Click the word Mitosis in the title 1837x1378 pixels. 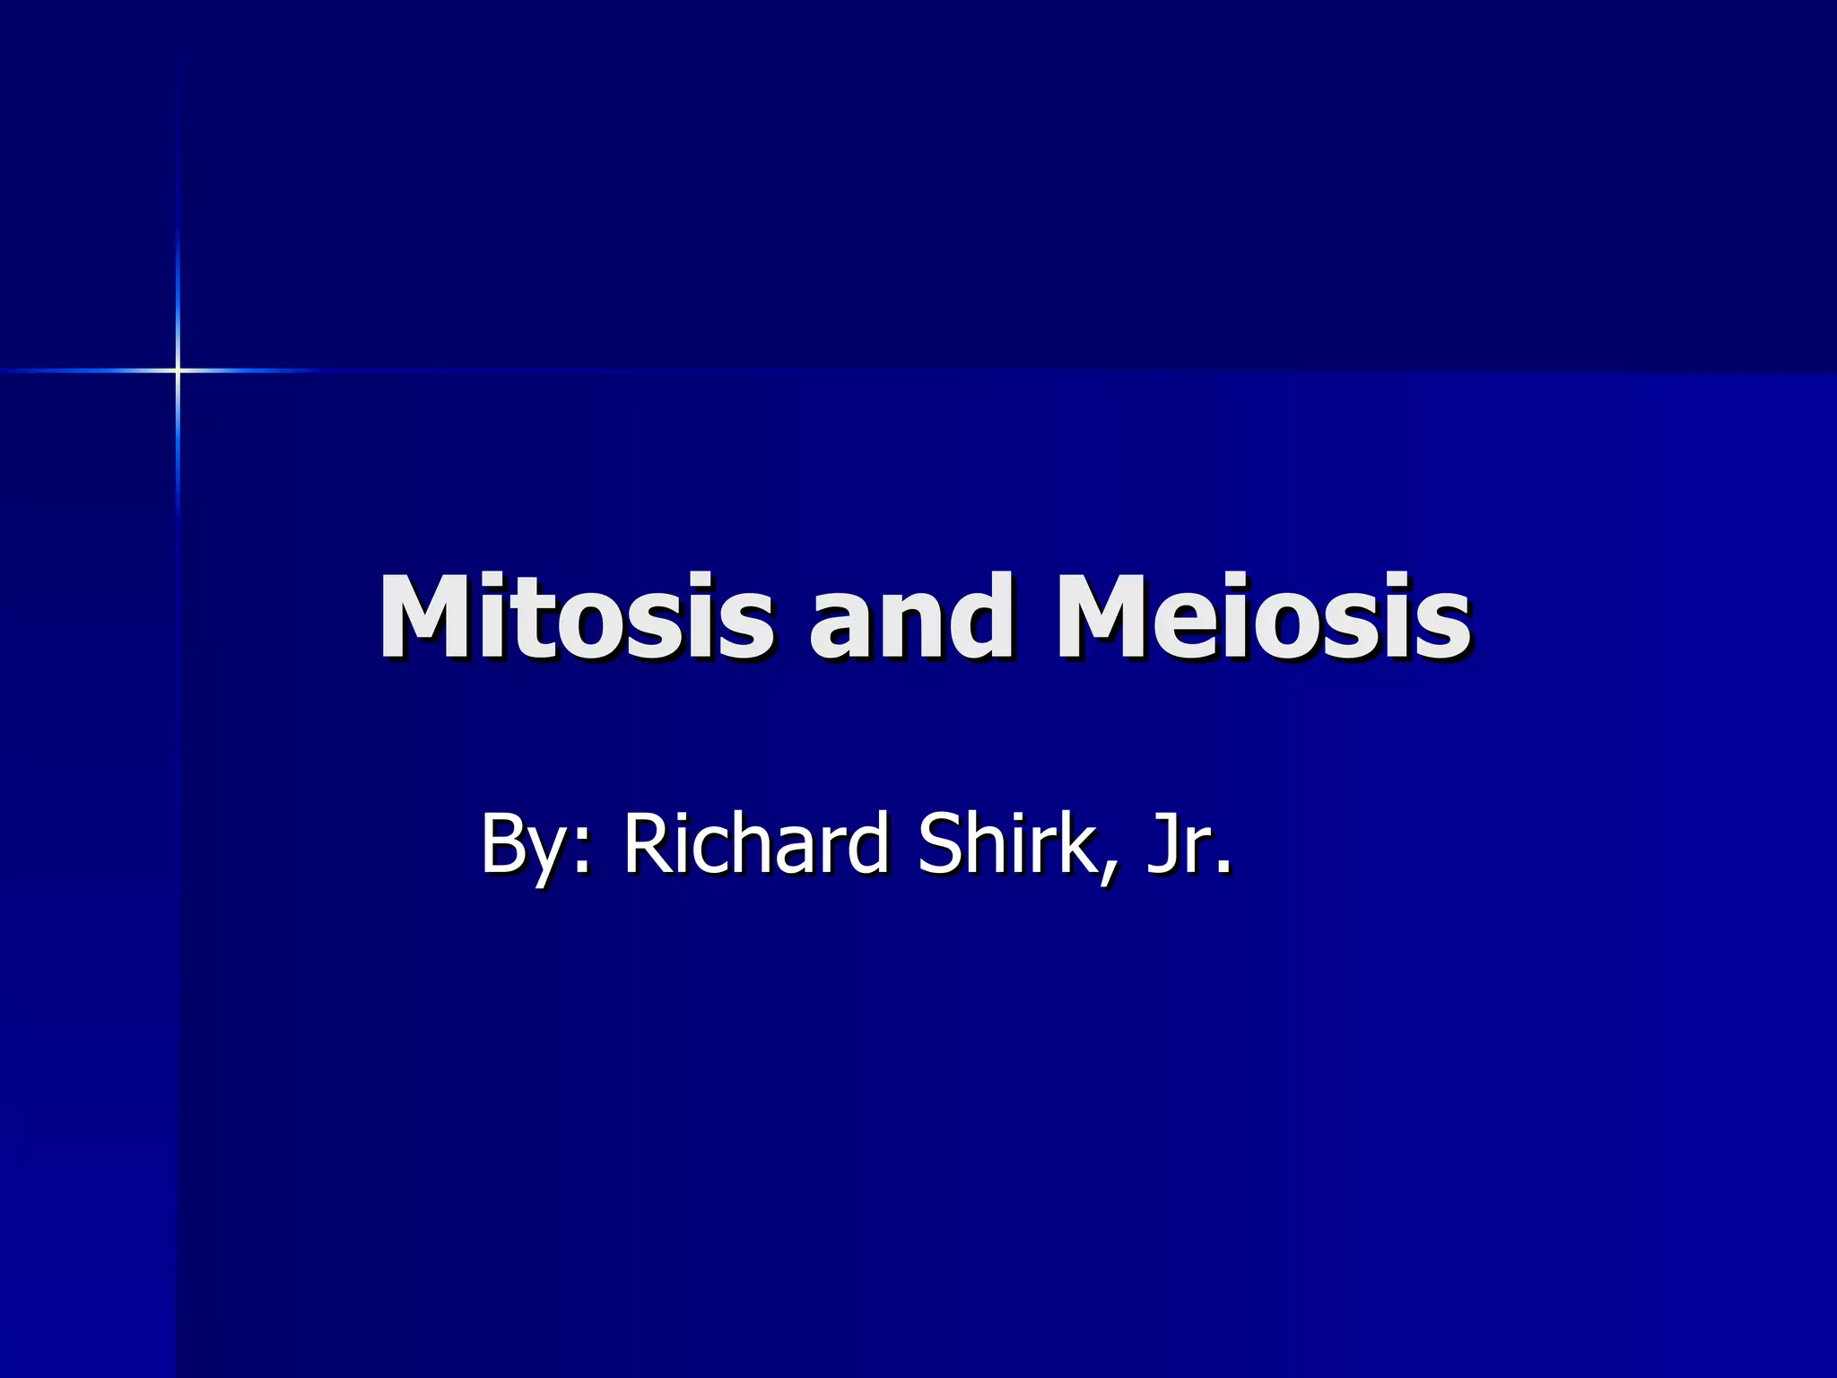pos(575,617)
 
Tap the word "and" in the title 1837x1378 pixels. pos(911,617)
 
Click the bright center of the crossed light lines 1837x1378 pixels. pos(178,370)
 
